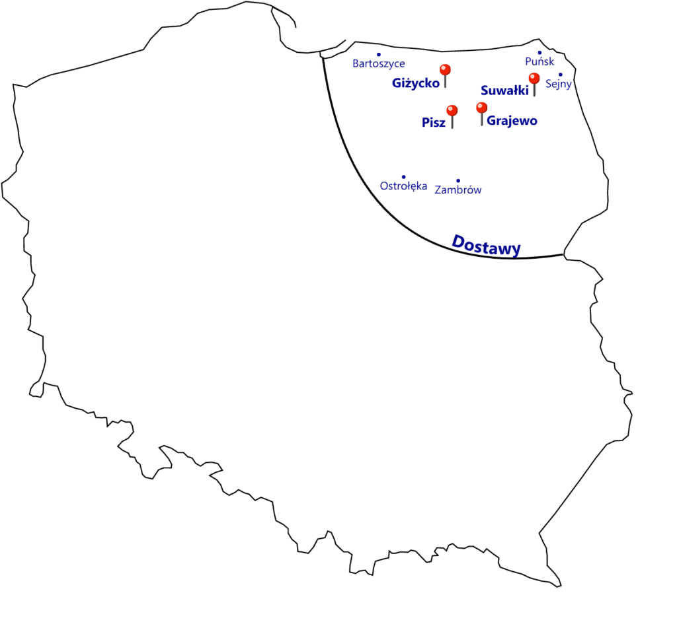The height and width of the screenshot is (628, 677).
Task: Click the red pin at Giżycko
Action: pos(445,75)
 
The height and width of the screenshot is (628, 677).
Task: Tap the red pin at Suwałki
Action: pos(534,84)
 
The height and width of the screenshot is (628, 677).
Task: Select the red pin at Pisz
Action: pos(452,116)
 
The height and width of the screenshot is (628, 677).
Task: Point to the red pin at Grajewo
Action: pos(481,114)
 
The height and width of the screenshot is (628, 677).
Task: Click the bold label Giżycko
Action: pos(415,83)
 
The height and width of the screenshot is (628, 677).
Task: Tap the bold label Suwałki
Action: pos(504,90)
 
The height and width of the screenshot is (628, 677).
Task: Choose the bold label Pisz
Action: pos(434,122)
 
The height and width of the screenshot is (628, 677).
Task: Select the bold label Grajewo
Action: pos(512,121)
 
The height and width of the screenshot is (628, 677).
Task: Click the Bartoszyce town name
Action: pos(379,64)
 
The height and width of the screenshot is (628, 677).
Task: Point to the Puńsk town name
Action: pos(539,61)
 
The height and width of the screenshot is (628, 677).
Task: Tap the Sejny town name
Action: pos(558,84)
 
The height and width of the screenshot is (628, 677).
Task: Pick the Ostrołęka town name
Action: pos(403,186)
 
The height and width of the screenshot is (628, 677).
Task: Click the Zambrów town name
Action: pos(458,190)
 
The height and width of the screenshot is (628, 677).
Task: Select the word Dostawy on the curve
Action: pos(486,246)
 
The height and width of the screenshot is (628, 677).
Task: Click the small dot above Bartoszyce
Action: pos(379,55)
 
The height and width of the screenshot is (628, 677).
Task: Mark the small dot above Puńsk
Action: pos(539,53)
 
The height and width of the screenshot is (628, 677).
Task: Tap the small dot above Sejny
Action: pos(561,75)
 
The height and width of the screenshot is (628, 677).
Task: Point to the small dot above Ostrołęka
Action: pos(404,177)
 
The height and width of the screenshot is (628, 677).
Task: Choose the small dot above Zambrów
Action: pos(458,181)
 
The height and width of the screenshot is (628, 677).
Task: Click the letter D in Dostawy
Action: pos(459,241)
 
